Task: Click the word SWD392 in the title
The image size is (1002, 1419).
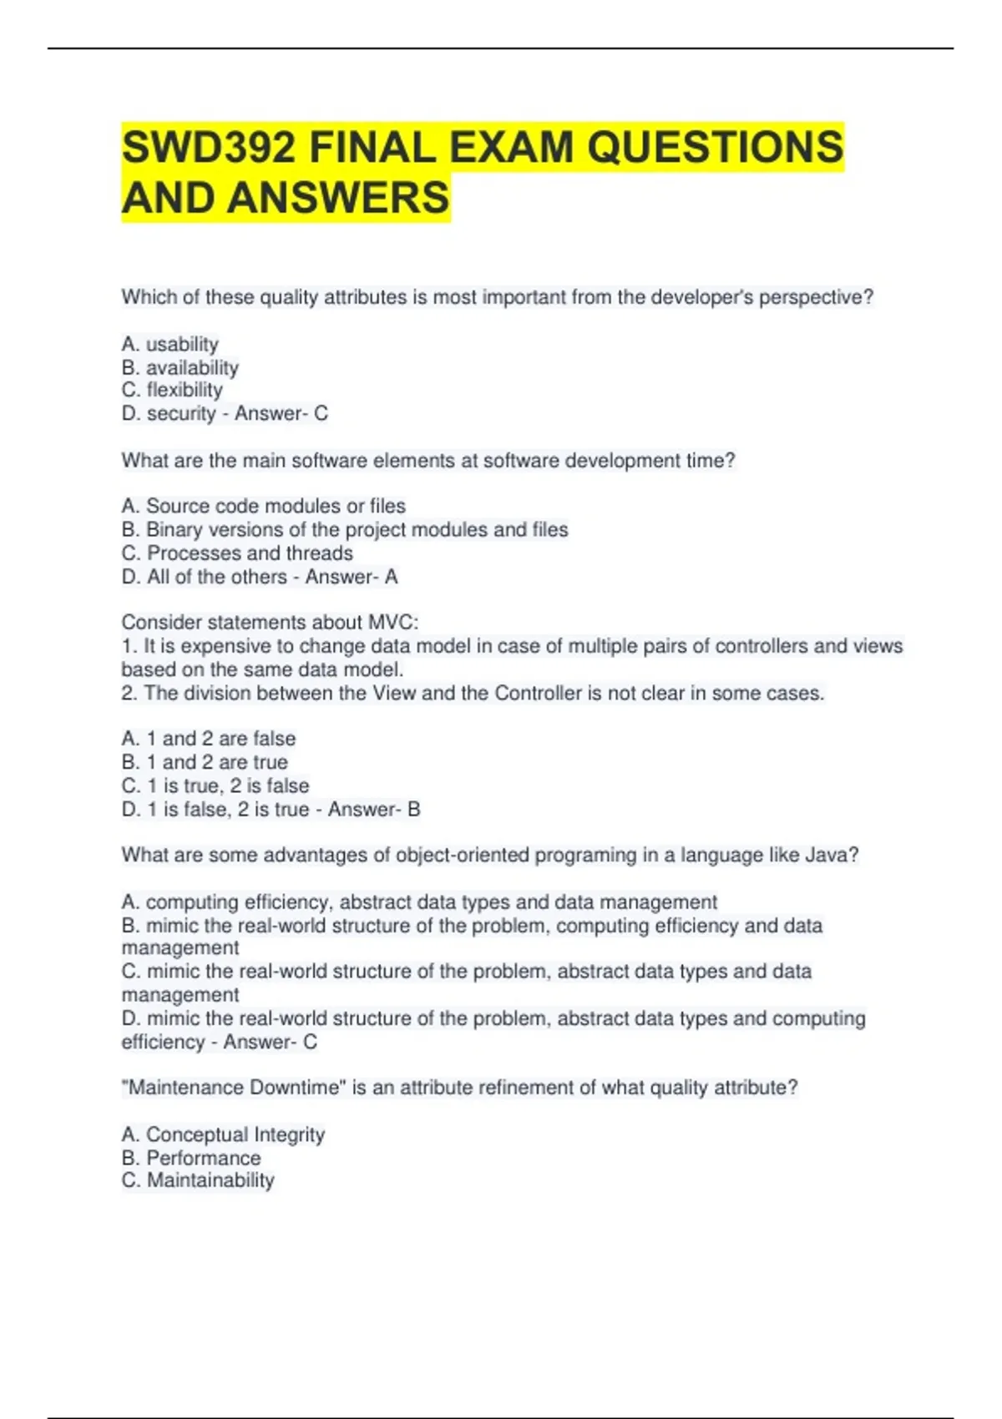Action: [208, 148]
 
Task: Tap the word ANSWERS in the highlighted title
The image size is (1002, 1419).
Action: [338, 199]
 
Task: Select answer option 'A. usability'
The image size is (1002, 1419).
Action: [170, 344]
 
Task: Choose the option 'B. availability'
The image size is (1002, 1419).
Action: [180, 367]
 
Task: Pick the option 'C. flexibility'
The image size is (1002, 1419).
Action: [173, 390]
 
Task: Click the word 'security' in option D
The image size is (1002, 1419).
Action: [181, 413]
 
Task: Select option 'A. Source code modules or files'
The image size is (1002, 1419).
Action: [264, 506]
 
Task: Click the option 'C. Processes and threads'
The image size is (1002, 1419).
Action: [237, 553]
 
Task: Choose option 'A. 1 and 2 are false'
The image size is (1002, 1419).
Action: [209, 739]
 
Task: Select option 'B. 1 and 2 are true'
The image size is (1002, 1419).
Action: [205, 762]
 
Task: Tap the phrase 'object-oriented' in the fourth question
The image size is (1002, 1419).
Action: [463, 855]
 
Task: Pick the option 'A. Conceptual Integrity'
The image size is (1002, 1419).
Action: [223, 1134]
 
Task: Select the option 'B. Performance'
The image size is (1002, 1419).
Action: [191, 1158]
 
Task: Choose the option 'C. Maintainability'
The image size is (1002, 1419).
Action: [198, 1180]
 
